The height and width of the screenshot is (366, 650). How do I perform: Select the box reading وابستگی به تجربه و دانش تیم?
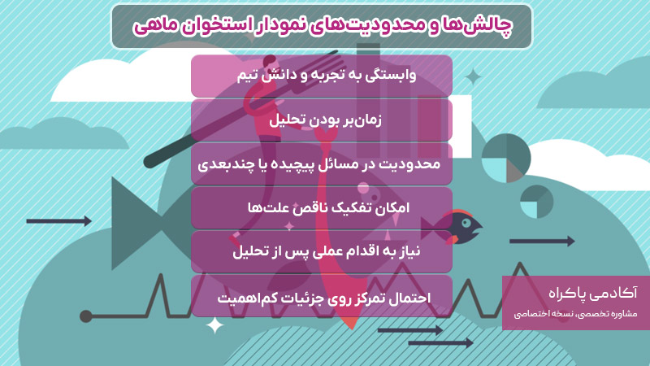(x=322, y=76)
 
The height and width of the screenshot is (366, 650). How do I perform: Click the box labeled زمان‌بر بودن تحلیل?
(x=322, y=120)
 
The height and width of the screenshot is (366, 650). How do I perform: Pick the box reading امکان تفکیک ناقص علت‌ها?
(x=322, y=207)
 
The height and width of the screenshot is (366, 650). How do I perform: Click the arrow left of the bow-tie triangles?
(x=58, y=220)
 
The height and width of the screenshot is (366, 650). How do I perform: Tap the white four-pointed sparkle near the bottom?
(x=215, y=326)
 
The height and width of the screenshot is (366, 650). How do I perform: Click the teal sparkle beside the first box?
(x=472, y=77)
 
